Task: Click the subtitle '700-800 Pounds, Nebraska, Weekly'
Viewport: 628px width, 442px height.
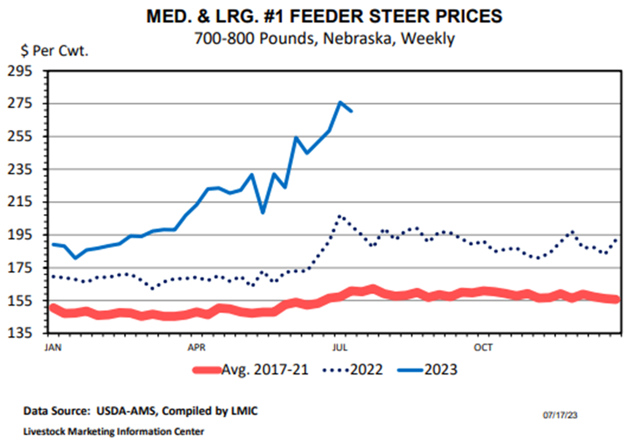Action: click(324, 39)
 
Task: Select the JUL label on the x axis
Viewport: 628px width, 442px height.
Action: click(338, 345)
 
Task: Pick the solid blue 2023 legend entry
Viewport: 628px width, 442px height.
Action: click(429, 370)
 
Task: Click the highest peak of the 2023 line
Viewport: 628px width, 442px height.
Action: click(340, 102)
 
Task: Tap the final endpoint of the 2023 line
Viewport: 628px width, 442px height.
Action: click(351, 112)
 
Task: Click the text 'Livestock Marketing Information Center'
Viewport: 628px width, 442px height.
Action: click(113, 431)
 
